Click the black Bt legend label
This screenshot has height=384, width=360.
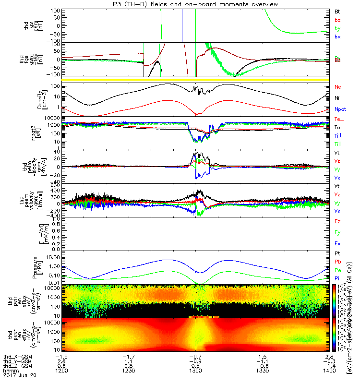tap(337, 11)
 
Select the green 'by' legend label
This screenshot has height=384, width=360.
tap(337, 28)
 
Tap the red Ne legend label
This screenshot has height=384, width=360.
tap(337, 87)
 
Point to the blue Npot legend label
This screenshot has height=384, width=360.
tap(340, 109)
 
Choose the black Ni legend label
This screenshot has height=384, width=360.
tap(337, 98)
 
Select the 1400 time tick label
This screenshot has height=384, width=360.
tap(329, 371)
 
